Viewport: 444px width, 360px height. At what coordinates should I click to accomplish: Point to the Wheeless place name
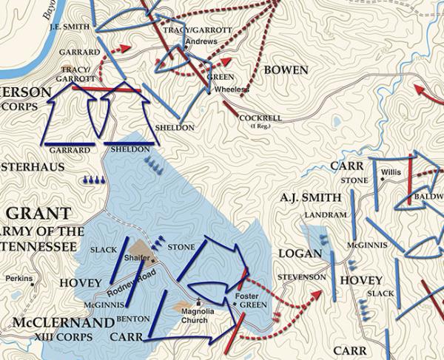coord(231,89)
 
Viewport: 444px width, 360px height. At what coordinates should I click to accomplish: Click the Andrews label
coord(201,41)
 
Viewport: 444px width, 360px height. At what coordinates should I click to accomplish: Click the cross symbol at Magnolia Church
coord(198,301)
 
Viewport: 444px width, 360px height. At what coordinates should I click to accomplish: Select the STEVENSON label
coord(301,277)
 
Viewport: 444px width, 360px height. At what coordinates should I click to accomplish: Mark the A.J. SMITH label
coord(311,197)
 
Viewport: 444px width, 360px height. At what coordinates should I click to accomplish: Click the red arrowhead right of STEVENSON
coord(317,295)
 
